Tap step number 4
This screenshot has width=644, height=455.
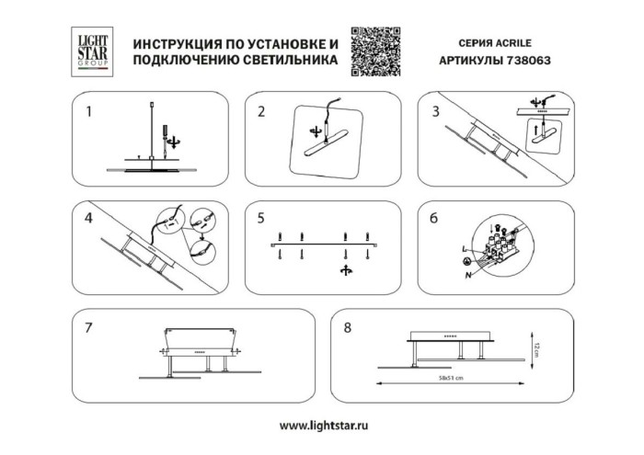88,219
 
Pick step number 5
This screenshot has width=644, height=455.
261,219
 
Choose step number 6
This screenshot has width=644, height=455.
435,219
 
